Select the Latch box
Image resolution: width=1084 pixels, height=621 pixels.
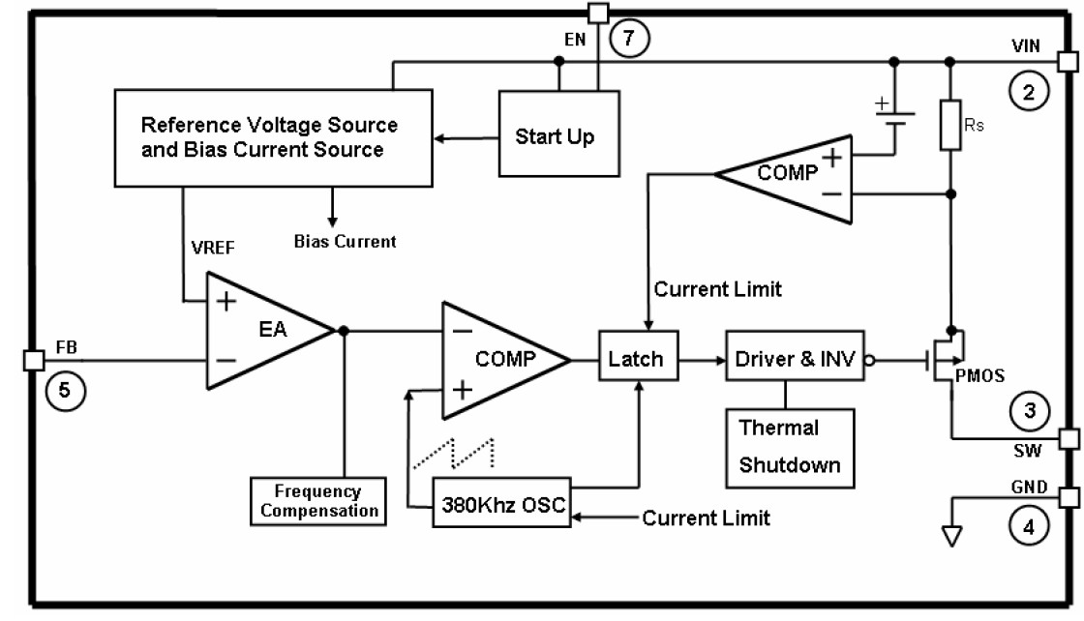click(636, 359)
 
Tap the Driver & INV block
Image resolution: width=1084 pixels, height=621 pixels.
click(795, 359)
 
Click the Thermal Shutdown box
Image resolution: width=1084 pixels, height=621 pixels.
click(790, 446)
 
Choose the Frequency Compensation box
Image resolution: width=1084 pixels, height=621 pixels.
click(316, 501)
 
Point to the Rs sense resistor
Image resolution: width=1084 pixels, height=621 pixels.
click(949, 124)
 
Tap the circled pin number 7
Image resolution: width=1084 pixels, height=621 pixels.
click(630, 38)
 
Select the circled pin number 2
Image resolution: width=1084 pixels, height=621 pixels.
click(1027, 93)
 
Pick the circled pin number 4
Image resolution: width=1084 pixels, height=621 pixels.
click(1028, 527)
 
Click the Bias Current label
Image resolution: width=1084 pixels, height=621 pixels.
click(345, 241)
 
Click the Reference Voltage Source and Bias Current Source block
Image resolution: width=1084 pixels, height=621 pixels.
click(272, 137)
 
